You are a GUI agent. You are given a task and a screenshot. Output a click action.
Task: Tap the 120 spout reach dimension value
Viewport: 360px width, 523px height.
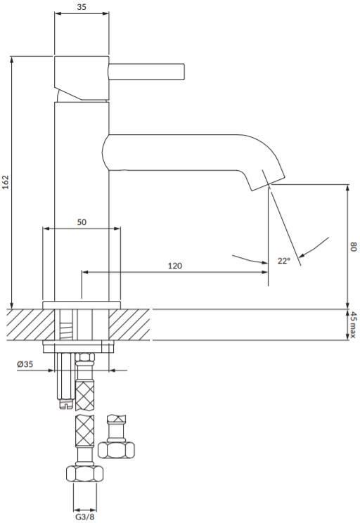click(175, 266)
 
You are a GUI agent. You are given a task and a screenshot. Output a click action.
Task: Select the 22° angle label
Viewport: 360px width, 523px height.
click(284, 261)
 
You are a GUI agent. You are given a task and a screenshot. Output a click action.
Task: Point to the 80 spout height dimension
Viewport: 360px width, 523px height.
click(354, 247)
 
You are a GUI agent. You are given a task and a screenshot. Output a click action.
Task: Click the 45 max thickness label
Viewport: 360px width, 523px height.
click(353, 325)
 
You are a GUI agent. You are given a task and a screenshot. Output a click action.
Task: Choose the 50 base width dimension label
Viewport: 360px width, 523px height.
click(82, 222)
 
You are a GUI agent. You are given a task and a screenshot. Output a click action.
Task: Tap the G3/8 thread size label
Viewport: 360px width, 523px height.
click(84, 517)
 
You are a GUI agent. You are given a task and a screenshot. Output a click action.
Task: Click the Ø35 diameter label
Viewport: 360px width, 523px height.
click(25, 364)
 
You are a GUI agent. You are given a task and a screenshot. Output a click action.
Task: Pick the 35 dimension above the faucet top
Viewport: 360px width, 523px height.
click(82, 6)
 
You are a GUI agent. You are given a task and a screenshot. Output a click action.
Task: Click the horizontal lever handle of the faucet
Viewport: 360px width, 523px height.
click(146, 72)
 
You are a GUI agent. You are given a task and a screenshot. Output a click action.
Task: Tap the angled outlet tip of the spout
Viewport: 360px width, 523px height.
click(269, 183)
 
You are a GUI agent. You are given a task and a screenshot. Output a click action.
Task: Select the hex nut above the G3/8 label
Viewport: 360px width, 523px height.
click(84, 473)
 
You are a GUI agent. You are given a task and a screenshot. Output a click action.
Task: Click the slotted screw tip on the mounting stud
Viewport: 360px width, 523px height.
click(66, 404)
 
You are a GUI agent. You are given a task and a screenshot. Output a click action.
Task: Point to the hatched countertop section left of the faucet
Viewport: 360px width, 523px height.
click(30, 325)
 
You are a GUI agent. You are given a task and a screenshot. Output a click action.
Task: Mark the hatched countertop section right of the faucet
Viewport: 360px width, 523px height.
click(129, 325)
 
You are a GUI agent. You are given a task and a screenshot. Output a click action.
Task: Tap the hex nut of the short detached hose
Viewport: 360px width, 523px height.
click(116, 450)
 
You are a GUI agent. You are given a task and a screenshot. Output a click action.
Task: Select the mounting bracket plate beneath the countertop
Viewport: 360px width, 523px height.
click(79, 347)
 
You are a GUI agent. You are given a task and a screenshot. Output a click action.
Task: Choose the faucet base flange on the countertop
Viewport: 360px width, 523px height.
click(82, 305)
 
